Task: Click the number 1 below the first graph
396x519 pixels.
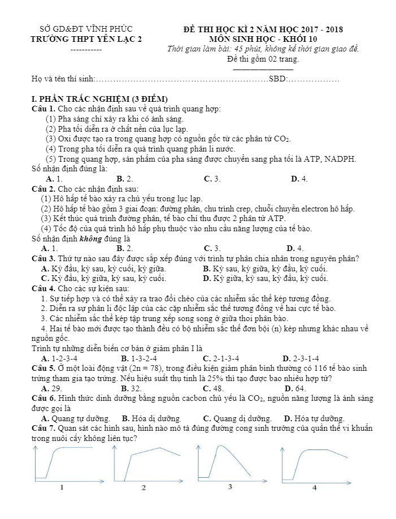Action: [62, 487]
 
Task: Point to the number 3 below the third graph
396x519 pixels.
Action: [230, 486]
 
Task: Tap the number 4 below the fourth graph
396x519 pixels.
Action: [314, 487]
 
